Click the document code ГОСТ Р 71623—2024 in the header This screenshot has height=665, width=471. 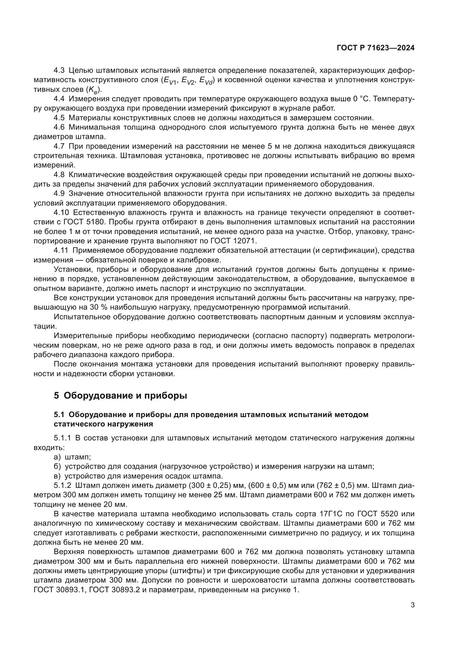[x=375, y=48]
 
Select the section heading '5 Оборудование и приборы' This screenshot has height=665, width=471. [x=120, y=395]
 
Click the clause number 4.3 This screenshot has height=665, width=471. [x=60, y=71]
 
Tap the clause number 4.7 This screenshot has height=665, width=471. [x=60, y=146]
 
